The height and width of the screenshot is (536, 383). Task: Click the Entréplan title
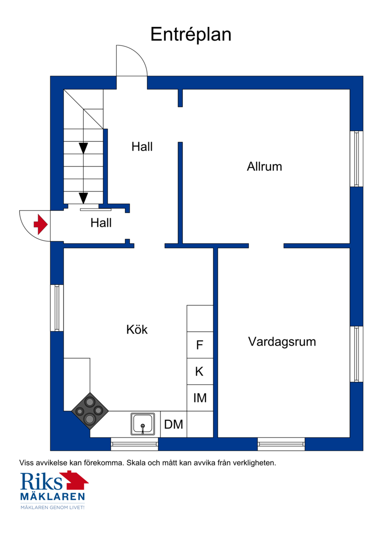(x=191, y=34)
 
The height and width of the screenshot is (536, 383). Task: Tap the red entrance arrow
(x=41, y=224)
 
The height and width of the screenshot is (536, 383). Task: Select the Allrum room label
(x=264, y=167)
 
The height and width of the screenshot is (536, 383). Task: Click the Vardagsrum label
(x=282, y=342)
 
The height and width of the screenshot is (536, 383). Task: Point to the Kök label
(x=137, y=330)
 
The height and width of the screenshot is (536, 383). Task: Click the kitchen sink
(x=143, y=424)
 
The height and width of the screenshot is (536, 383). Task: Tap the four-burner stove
(x=90, y=411)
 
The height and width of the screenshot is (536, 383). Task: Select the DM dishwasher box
(x=174, y=424)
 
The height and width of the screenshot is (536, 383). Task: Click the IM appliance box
(x=200, y=398)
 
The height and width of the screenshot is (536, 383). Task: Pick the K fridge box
(x=200, y=371)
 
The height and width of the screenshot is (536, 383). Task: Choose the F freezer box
(x=200, y=345)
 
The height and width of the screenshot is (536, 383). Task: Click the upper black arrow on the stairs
(x=83, y=148)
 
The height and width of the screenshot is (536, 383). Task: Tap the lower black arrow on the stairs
(x=83, y=198)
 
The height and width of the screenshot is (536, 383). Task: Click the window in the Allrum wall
(x=356, y=159)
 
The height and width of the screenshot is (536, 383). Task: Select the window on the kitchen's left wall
(x=57, y=308)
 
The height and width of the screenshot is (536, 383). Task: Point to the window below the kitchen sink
(x=135, y=444)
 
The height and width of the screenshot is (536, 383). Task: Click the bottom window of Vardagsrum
(x=281, y=444)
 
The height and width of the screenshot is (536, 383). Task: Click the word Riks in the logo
(x=41, y=481)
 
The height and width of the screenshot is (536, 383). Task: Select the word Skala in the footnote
(x=136, y=463)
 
